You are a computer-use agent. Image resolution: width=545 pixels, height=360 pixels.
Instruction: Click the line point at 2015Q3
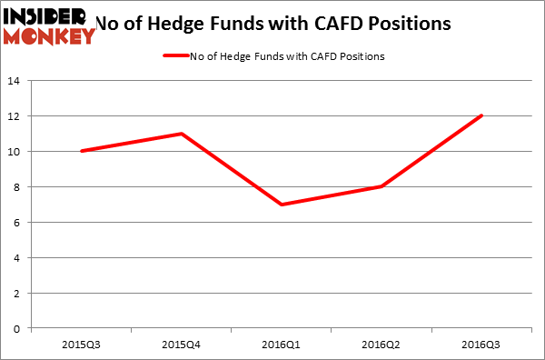tap(83, 151)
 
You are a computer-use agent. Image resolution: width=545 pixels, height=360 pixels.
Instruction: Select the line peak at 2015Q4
tap(182, 134)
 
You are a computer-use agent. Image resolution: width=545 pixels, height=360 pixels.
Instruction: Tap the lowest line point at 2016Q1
tap(282, 205)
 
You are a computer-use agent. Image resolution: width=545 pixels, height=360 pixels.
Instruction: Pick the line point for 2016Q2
tap(381, 186)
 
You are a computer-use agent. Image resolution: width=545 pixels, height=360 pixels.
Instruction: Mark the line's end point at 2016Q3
tap(481, 115)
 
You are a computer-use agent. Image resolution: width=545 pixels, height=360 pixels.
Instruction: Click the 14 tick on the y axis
tap(16, 81)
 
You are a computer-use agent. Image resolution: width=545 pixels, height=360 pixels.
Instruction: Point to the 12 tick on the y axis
tap(16, 116)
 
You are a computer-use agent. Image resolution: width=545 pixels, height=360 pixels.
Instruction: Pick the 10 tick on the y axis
tap(16, 152)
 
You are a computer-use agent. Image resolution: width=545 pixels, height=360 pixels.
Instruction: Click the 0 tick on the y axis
tap(19, 328)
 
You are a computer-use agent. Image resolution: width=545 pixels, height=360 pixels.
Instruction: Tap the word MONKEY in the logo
tap(50, 36)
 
